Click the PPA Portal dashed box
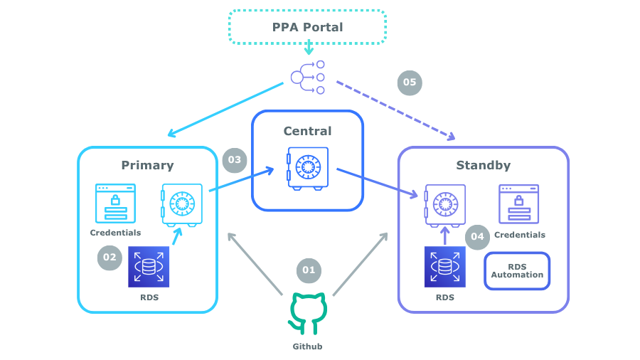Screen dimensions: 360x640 pyautogui.click(x=307, y=27)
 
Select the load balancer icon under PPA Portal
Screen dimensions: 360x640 pyautogui.click(x=307, y=77)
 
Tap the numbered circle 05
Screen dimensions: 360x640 pyautogui.click(x=410, y=83)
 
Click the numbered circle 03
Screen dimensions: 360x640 pyautogui.click(x=235, y=159)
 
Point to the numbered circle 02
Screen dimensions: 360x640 pyautogui.click(x=110, y=258)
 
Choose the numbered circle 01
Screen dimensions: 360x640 pyautogui.click(x=309, y=270)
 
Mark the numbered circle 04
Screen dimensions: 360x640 pyautogui.click(x=477, y=237)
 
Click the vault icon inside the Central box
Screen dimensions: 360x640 pyautogui.click(x=308, y=168)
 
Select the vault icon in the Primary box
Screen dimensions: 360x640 pyautogui.click(x=181, y=206)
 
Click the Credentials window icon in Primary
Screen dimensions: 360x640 pyautogui.click(x=115, y=203)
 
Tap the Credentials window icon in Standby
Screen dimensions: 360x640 pyautogui.click(x=518, y=204)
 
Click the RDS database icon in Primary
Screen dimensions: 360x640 pyautogui.click(x=149, y=267)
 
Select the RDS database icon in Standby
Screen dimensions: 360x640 pyautogui.click(x=445, y=267)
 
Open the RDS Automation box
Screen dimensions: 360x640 pyautogui.click(x=517, y=271)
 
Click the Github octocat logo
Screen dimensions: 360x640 pyautogui.click(x=308, y=314)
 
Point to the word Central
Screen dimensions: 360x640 pyautogui.click(x=307, y=131)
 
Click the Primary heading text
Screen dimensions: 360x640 pyautogui.click(x=147, y=165)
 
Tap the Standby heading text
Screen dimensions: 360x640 pyautogui.click(x=483, y=166)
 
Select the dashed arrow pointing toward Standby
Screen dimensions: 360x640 pyautogui.click(x=395, y=108)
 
